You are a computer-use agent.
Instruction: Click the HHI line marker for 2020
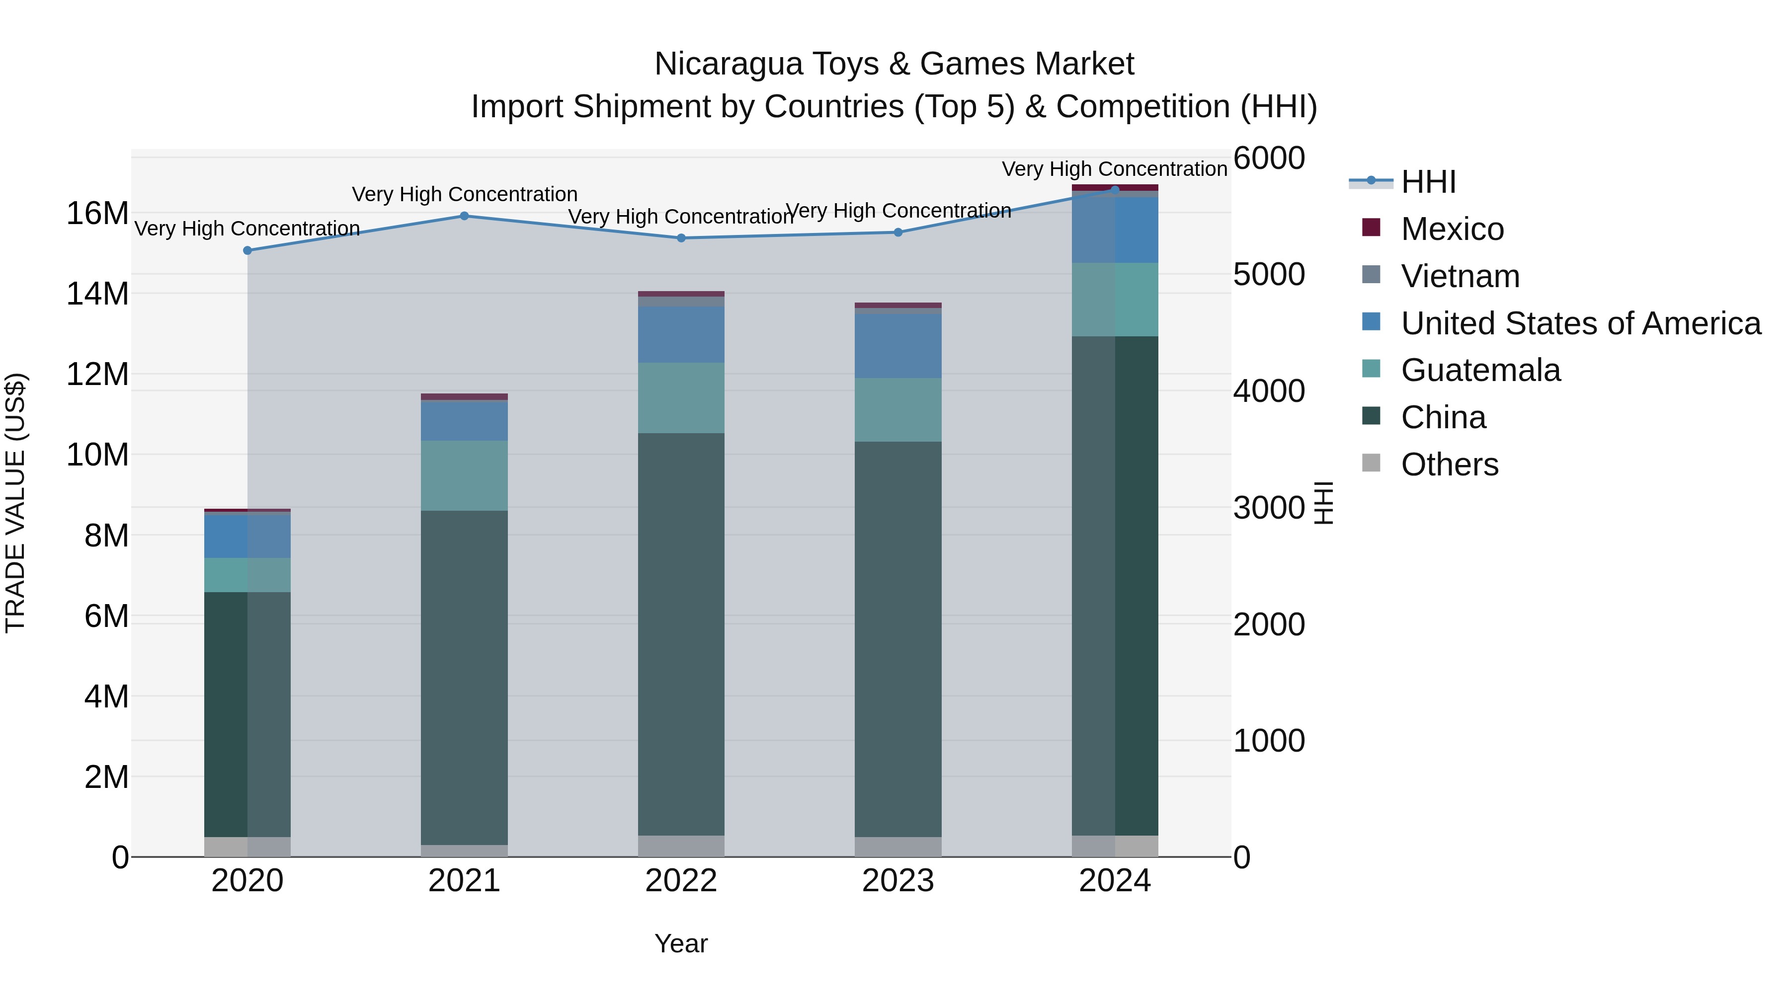pos(247,251)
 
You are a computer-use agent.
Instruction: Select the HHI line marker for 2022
pos(681,238)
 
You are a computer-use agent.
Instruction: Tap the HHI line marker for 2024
pos(1115,190)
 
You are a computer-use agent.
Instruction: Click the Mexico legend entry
pos(1452,229)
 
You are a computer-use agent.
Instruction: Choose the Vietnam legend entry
pos(1460,276)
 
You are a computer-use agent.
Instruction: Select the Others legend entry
pos(1450,464)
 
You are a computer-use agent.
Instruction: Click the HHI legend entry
pos(1428,182)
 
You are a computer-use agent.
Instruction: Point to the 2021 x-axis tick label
pos(464,881)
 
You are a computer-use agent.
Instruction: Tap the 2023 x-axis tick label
pos(898,881)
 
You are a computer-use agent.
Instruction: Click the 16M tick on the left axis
pos(97,213)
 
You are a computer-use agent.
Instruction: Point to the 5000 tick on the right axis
pos(1269,274)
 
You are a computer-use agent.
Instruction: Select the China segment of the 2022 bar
pos(681,634)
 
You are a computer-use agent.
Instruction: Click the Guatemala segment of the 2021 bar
pos(464,475)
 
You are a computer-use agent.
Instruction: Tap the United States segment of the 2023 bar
pos(898,346)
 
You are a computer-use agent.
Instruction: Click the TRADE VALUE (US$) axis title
pos(15,503)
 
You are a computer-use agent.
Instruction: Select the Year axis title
pos(681,943)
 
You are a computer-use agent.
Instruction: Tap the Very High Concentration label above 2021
pos(465,194)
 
